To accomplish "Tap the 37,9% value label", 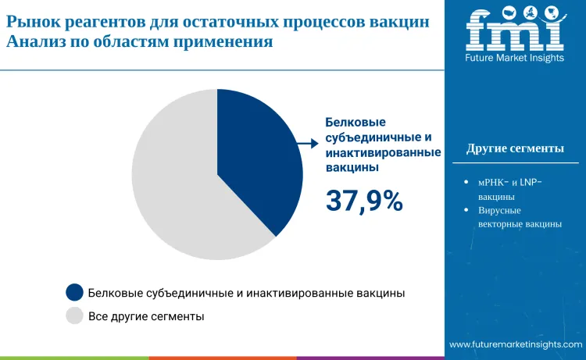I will pos(364,201).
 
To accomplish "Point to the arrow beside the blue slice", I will pos(309,144).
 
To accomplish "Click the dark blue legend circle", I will pos(75,293).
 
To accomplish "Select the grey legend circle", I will pos(75,316).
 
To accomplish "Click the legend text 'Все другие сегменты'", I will pos(146,316).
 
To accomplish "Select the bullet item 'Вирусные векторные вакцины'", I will pos(519,217).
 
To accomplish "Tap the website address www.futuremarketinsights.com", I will pos(516,344).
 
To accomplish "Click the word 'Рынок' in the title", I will pos(33,22).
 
